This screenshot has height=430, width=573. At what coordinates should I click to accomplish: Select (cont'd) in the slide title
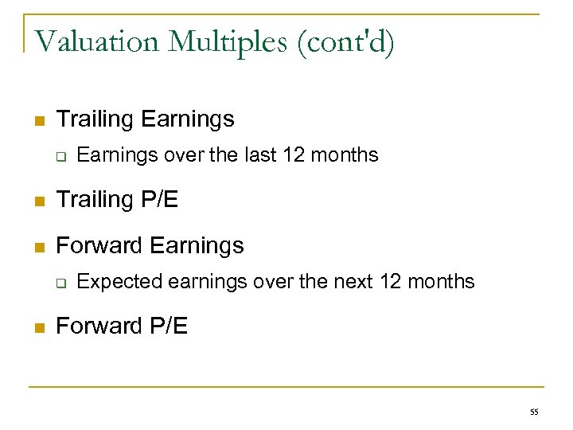(x=345, y=41)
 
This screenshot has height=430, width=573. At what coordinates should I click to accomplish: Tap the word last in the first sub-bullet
(x=260, y=154)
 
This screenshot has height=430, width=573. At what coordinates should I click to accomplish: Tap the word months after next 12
(x=440, y=281)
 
